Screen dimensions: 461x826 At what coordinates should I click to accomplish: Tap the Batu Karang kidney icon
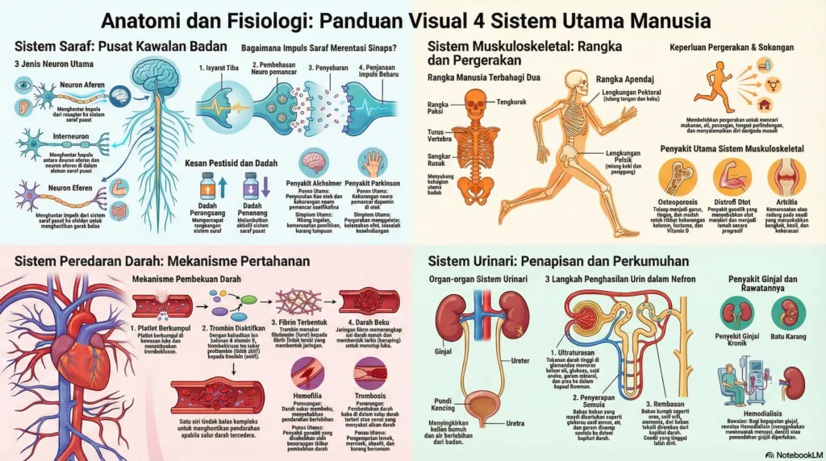click(x=782, y=312)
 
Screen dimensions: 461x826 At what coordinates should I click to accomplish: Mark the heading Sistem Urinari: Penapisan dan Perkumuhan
click(x=558, y=261)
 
